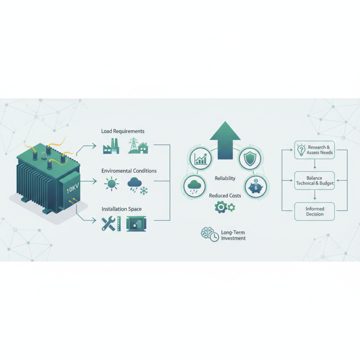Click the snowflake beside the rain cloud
coord(144,191)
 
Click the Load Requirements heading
coord(123,131)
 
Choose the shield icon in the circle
coord(248,158)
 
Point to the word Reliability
coord(225,179)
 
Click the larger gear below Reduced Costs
coord(220,207)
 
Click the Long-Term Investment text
coord(233,235)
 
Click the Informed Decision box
coord(315,211)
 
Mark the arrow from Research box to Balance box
coord(315,166)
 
